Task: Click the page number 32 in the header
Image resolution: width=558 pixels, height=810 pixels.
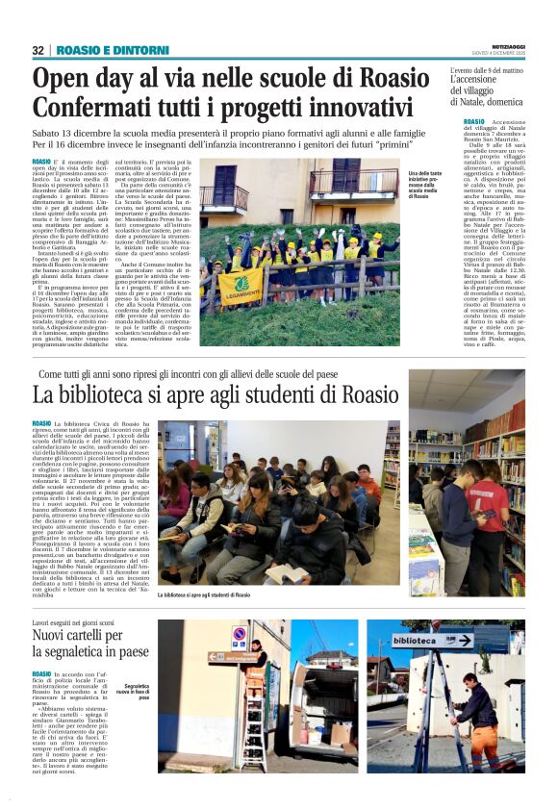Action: pyautogui.click(x=38, y=50)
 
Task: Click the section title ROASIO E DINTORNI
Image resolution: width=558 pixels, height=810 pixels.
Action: pyautogui.click(x=99, y=50)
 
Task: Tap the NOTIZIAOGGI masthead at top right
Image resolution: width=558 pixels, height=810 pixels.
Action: pyautogui.click(x=502, y=46)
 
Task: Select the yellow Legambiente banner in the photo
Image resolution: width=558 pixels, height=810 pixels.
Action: pyautogui.click(x=240, y=285)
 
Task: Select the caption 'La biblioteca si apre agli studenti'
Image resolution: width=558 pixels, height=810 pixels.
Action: pyautogui.click(x=209, y=595)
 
